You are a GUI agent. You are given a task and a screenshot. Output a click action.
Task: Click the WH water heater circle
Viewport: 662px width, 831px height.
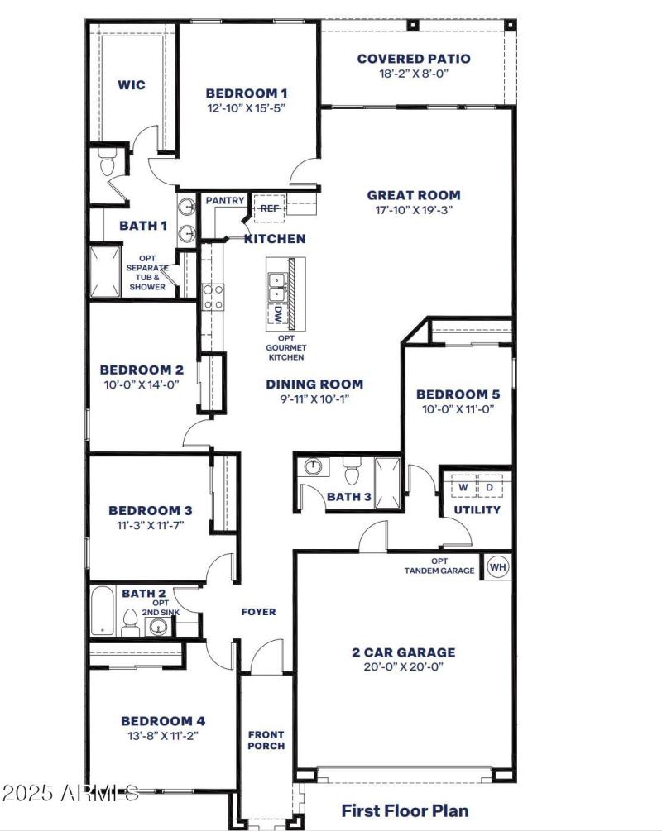(x=496, y=567)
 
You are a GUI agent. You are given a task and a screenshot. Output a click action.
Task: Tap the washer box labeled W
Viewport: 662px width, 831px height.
(x=463, y=488)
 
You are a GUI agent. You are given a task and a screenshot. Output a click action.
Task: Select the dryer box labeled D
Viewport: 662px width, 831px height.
(x=489, y=488)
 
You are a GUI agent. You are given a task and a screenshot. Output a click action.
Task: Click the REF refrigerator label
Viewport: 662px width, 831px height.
(x=270, y=208)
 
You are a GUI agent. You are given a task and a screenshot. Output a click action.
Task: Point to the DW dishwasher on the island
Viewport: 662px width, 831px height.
(x=278, y=314)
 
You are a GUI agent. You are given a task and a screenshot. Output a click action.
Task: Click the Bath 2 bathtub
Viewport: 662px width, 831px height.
(x=103, y=611)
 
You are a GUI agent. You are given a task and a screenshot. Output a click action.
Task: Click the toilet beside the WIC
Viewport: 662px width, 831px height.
(x=107, y=165)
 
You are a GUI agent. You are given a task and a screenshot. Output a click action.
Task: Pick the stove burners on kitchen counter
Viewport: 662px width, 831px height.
(x=213, y=295)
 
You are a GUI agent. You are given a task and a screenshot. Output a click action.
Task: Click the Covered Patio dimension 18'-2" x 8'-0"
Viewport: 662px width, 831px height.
(x=414, y=73)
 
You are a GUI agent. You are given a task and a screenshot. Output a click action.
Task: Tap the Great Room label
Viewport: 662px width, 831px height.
(x=414, y=195)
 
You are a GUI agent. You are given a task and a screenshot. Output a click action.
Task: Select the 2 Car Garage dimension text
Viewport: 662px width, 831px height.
(x=402, y=666)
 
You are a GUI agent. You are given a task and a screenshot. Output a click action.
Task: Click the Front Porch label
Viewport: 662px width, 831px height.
(x=266, y=740)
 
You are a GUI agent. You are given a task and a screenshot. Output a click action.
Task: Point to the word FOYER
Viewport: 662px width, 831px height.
(x=258, y=612)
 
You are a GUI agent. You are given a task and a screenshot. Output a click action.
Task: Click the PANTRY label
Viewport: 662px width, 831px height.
(x=225, y=201)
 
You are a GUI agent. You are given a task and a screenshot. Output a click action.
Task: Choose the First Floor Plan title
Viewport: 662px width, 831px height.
(x=405, y=810)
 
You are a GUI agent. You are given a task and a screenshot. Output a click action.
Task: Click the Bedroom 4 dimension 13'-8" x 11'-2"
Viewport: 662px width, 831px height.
(x=162, y=734)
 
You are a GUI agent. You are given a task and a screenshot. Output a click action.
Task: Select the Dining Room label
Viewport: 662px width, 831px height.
(x=314, y=384)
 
